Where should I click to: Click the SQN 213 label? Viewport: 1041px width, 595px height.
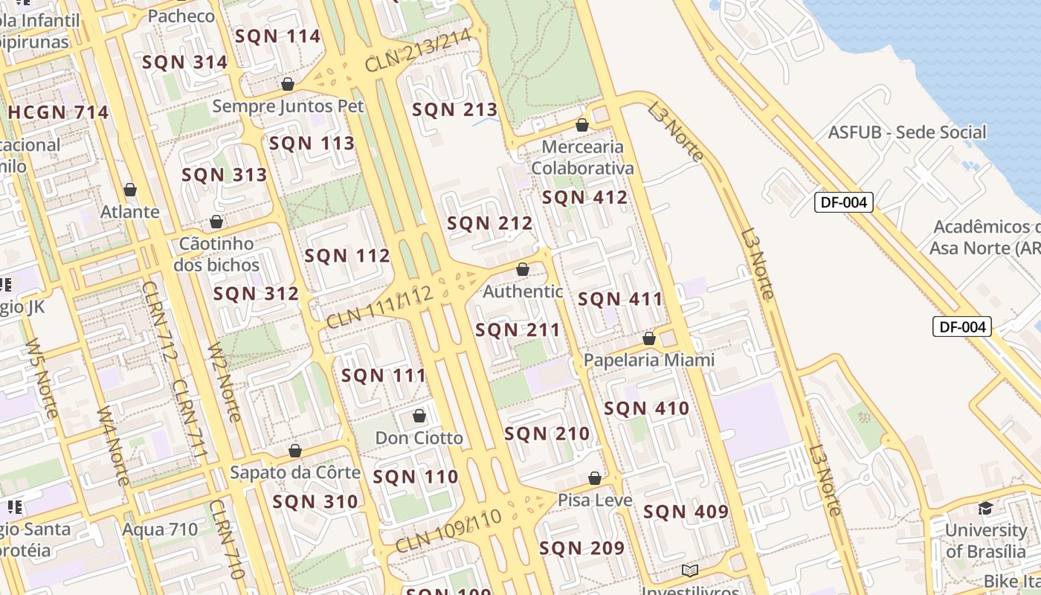pyautogui.click(x=454, y=110)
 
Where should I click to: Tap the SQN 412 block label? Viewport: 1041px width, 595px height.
pyautogui.click(x=584, y=198)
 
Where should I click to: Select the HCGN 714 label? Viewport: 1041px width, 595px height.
pyautogui.click(x=58, y=113)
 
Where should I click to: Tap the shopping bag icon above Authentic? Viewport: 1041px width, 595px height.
pyautogui.click(x=523, y=269)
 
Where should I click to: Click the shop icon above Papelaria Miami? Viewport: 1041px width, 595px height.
pyautogui.click(x=649, y=338)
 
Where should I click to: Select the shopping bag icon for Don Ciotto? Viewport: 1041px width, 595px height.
pyautogui.click(x=419, y=416)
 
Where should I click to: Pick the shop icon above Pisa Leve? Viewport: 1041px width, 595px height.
pyautogui.click(x=595, y=478)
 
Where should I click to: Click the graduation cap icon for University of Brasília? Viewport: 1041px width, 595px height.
pyautogui.click(x=985, y=508)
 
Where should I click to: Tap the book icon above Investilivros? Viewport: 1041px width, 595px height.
pyautogui.click(x=690, y=570)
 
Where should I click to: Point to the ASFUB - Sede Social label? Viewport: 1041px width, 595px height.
pyautogui.click(x=907, y=133)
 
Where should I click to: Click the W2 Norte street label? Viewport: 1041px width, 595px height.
pyautogui.click(x=224, y=382)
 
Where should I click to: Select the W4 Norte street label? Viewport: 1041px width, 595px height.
pyautogui.click(x=112, y=444)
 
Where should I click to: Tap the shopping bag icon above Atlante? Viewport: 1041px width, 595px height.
pyautogui.click(x=130, y=190)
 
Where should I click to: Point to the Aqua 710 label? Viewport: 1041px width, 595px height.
pyautogui.click(x=160, y=530)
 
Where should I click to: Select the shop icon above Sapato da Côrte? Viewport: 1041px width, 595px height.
pyautogui.click(x=295, y=451)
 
